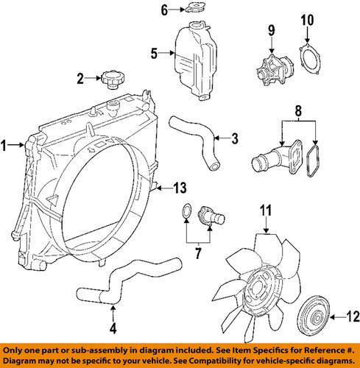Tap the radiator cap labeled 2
coord(113,79)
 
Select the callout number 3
coord(234,138)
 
